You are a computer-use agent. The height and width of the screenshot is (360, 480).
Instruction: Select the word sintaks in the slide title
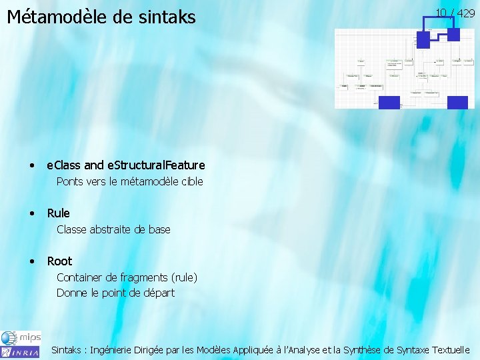(165, 16)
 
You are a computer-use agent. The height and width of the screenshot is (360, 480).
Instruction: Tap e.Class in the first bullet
(64, 165)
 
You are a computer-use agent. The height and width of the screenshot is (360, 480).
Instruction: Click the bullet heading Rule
(58, 213)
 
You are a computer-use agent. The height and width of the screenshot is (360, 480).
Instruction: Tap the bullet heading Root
(59, 261)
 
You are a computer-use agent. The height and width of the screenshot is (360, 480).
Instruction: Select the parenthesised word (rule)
(184, 277)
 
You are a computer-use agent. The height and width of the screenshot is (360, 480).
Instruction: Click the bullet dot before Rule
(32, 213)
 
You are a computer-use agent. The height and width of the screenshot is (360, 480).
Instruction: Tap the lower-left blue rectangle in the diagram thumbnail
(389, 102)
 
